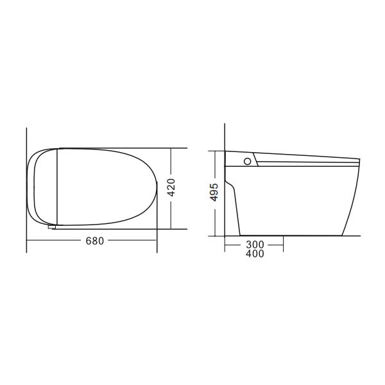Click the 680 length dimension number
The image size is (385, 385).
point(94,241)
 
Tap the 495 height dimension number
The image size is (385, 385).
point(214,193)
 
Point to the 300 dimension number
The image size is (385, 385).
point(254,244)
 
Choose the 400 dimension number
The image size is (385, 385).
point(254,253)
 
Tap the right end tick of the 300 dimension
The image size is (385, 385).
point(284,244)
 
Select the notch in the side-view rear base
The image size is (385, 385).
point(231,187)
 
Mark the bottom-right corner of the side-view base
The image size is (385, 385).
point(343,235)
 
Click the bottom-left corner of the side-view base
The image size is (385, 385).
point(240,235)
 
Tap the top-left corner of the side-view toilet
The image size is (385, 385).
point(225,151)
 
